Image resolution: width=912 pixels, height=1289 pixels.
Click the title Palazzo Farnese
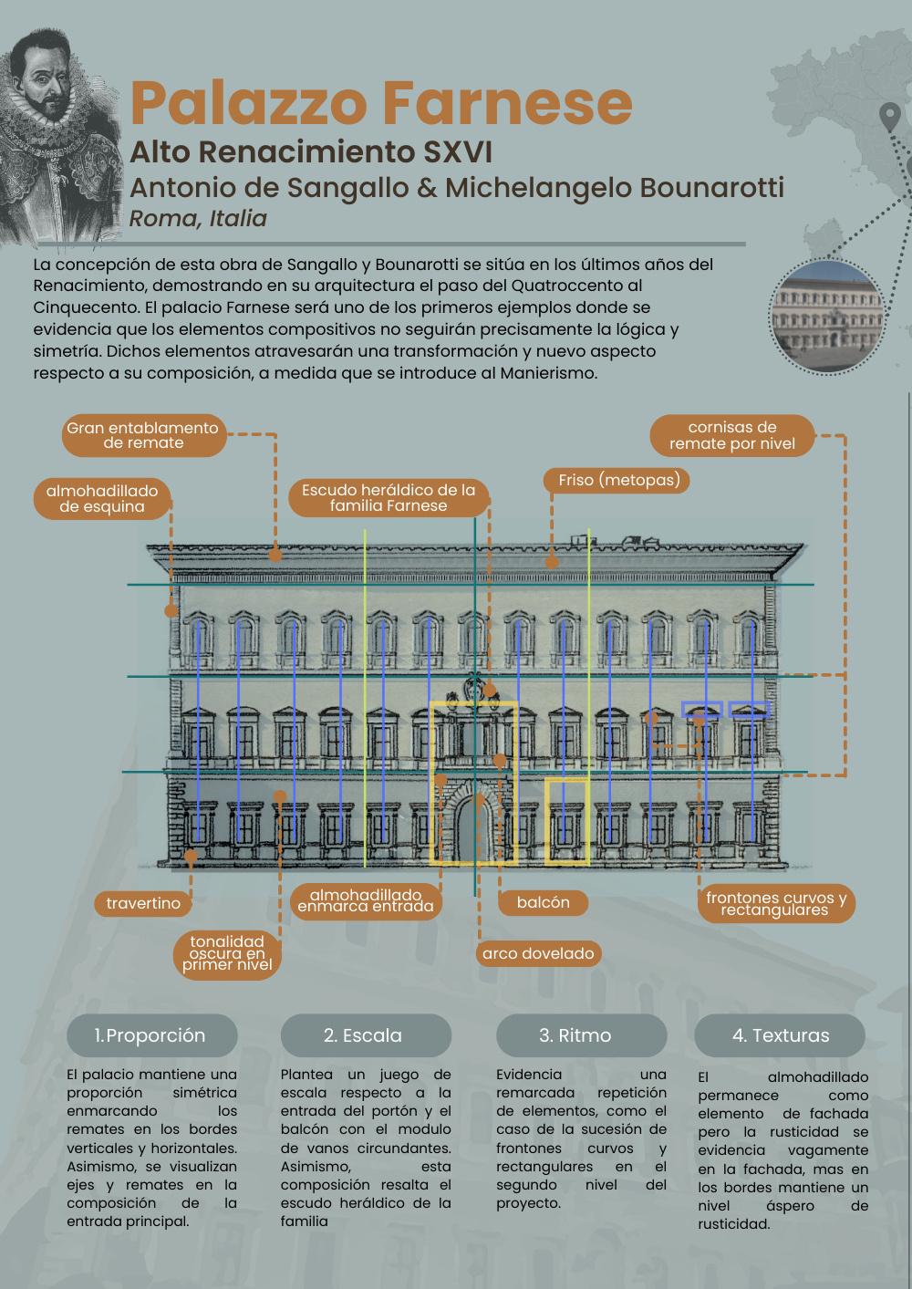point(381,103)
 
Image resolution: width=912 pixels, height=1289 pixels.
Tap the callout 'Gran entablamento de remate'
point(143,436)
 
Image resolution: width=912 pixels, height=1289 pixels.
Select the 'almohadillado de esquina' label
point(102,498)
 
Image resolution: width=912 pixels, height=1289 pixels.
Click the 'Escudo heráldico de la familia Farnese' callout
point(389,497)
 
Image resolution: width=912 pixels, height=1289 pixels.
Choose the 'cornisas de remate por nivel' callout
point(732,436)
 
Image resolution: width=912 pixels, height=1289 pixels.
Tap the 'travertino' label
point(143,903)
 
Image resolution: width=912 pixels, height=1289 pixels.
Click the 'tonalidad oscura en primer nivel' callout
point(227,954)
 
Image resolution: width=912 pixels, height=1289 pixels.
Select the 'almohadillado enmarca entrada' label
point(365,901)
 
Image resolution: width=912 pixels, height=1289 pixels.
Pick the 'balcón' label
point(543,902)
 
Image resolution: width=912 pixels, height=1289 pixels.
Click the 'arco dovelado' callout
point(538,953)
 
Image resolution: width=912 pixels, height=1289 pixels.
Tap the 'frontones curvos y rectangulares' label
point(775,904)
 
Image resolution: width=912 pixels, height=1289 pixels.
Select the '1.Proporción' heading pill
point(151,1035)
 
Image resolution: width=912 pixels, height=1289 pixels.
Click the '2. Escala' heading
point(365,1035)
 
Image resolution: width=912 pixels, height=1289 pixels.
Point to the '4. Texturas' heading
point(780,1035)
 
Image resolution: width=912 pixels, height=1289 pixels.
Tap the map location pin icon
point(889,117)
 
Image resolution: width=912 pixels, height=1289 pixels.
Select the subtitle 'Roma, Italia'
point(198,219)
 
